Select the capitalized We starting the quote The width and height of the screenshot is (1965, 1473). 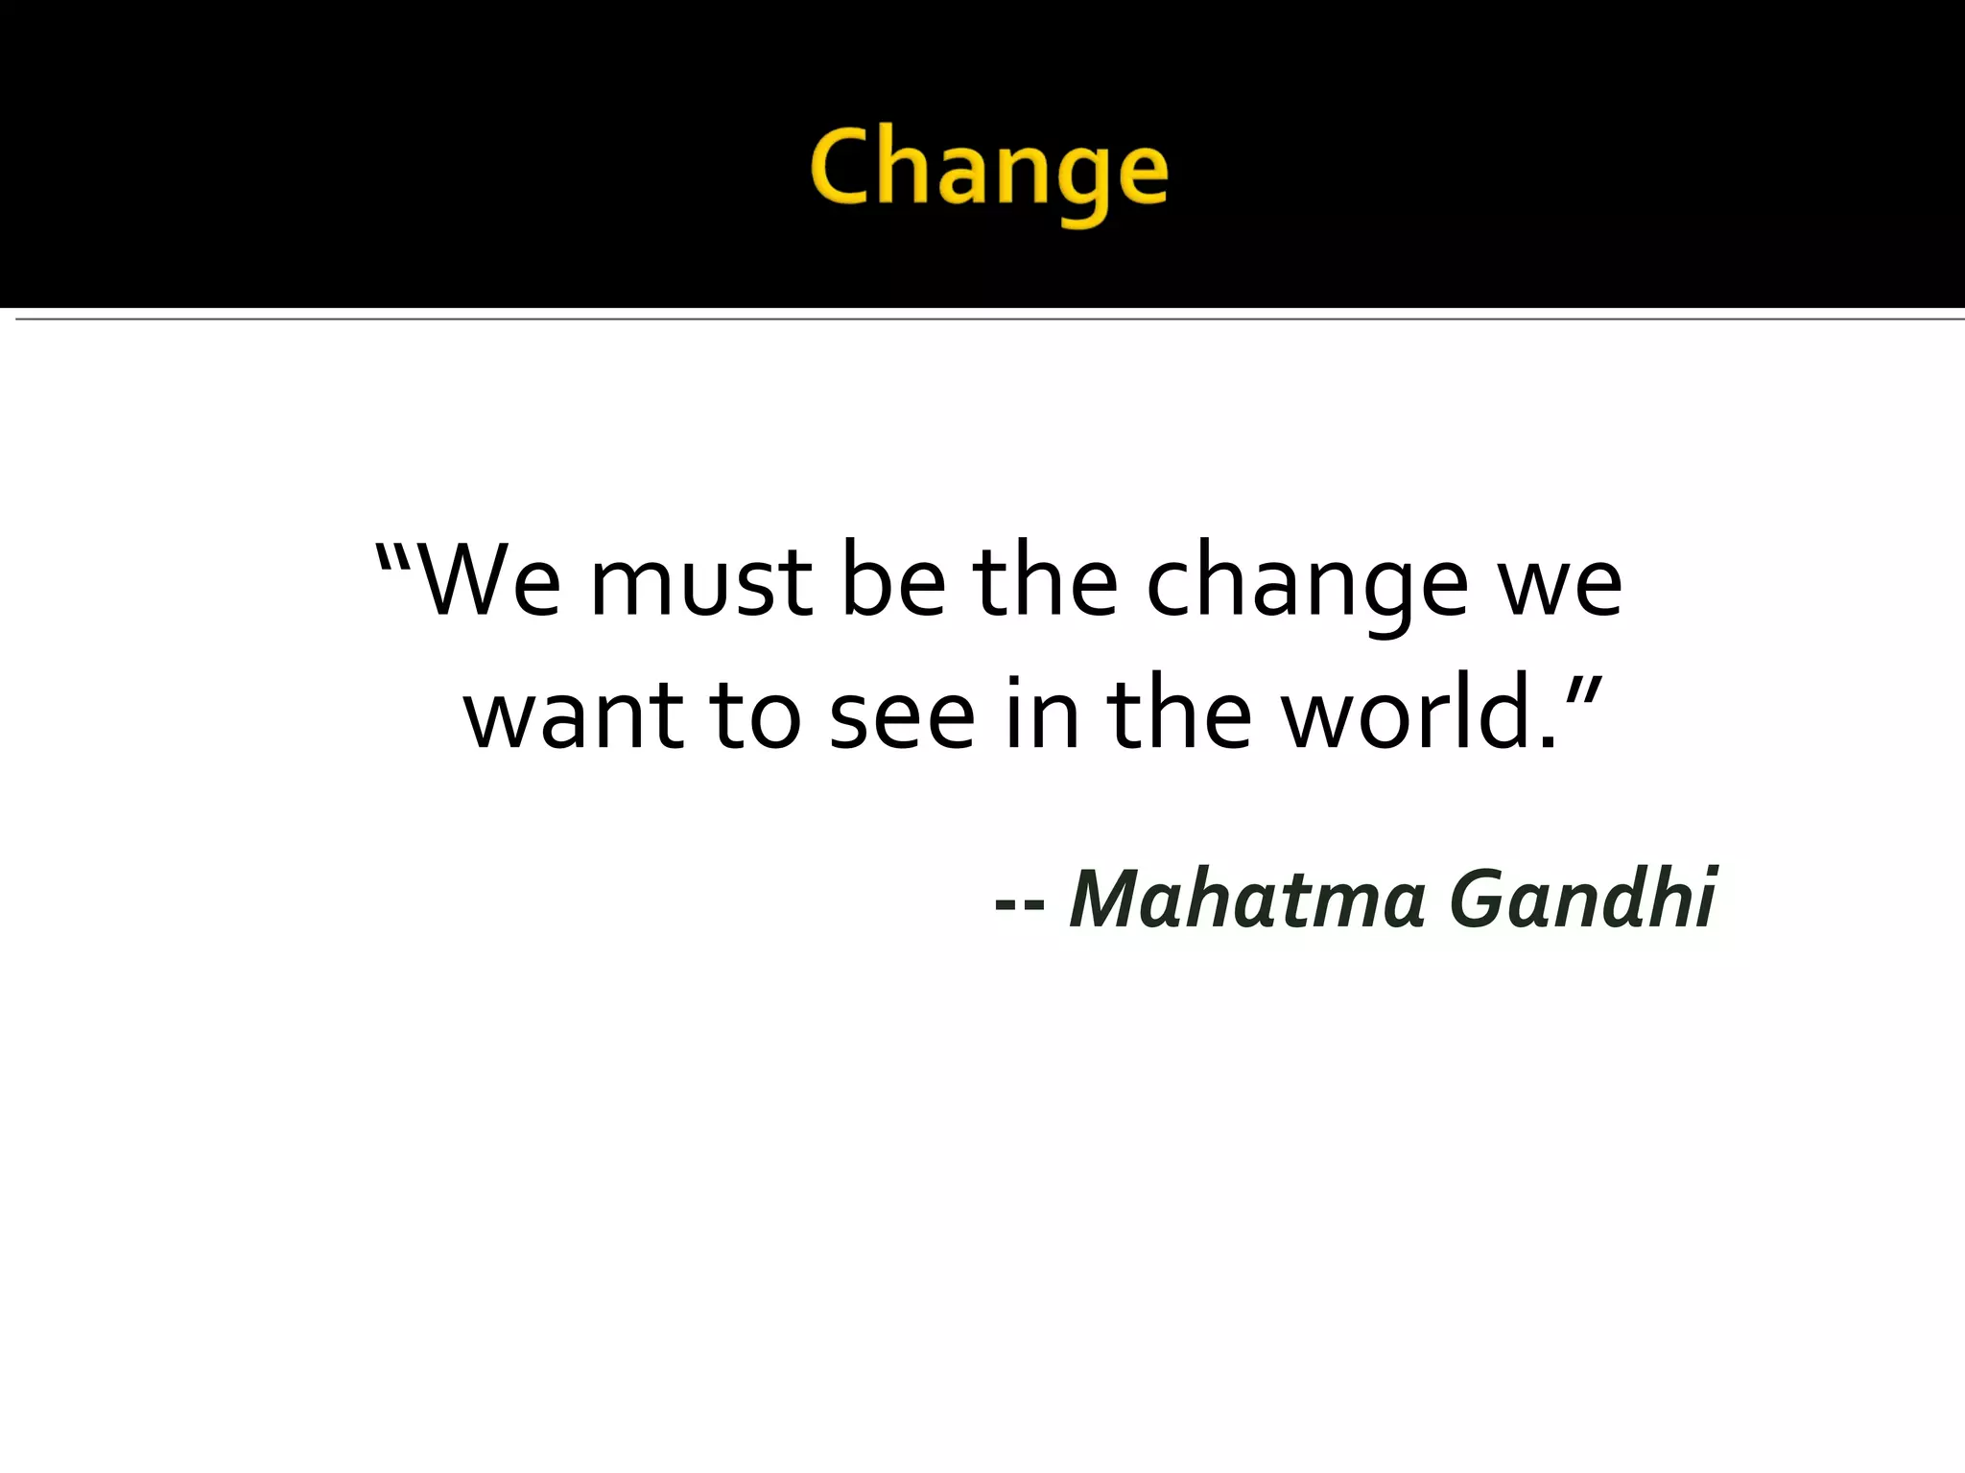click(x=489, y=582)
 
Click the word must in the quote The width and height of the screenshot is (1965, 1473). click(x=701, y=585)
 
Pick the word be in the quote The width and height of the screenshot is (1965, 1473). click(x=893, y=582)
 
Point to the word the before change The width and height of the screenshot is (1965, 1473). click(x=1046, y=582)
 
